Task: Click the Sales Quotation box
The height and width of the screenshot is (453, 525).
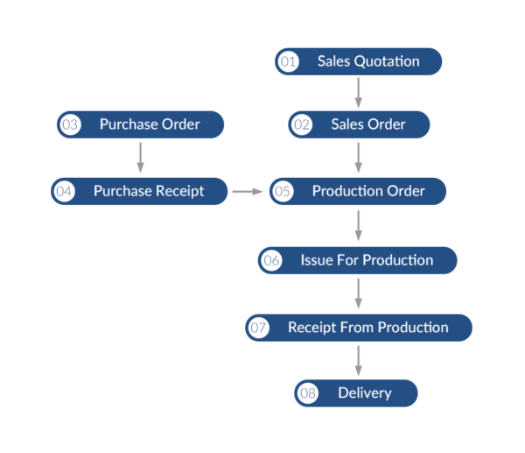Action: [x=359, y=61]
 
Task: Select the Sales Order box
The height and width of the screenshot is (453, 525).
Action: [x=360, y=124]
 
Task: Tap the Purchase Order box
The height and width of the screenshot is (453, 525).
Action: [x=141, y=124]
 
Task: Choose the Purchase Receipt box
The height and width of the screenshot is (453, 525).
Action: [x=139, y=191]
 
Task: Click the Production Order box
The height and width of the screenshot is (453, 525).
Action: [x=359, y=191]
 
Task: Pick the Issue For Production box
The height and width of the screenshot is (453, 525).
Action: [x=358, y=260]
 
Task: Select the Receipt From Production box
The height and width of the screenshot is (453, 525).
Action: [x=359, y=328]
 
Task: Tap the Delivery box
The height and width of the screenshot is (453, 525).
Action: [x=356, y=393]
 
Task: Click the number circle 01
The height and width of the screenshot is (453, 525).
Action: [x=288, y=61]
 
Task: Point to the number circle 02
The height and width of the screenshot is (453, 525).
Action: [x=302, y=124]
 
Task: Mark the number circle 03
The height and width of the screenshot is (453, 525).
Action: [x=70, y=124]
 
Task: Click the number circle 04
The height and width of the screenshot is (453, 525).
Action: [x=64, y=191]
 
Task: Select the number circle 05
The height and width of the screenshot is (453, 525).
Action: [x=283, y=191]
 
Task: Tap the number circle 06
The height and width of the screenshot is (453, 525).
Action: [x=271, y=260]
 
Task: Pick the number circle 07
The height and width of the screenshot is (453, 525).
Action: [x=259, y=328]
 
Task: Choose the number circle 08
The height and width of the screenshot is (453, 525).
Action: [x=308, y=393]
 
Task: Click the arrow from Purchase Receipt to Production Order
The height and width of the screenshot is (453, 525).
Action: [x=248, y=191]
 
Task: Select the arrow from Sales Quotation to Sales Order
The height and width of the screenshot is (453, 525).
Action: [x=358, y=92]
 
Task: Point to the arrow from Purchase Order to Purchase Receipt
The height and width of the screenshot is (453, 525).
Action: [x=140, y=158]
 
